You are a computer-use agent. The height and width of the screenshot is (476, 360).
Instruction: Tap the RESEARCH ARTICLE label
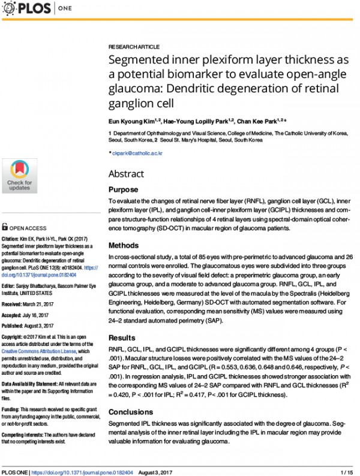click(134, 47)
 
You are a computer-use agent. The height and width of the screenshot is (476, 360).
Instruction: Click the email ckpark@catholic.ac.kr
click(137, 153)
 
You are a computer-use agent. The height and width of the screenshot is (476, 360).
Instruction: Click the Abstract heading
click(126, 174)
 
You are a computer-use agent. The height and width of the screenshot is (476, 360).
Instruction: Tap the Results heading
click(121, 338)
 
